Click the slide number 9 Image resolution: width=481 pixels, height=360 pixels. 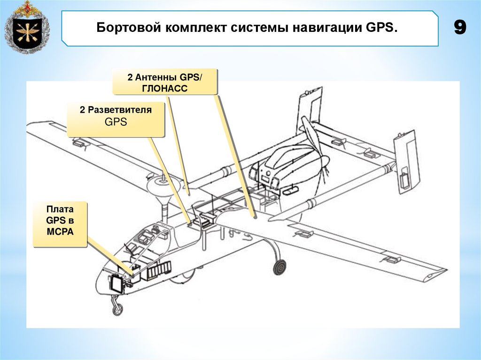tap(460, 28)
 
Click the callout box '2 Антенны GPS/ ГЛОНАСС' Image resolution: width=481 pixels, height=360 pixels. tap(165, 82)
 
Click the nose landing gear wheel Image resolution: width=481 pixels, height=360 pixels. tap(118, 309)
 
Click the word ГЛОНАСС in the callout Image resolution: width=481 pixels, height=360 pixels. tap(165, 88)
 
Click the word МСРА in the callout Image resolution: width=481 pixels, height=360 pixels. tap(60, 231)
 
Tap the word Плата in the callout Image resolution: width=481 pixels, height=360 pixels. tap(60, 208)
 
